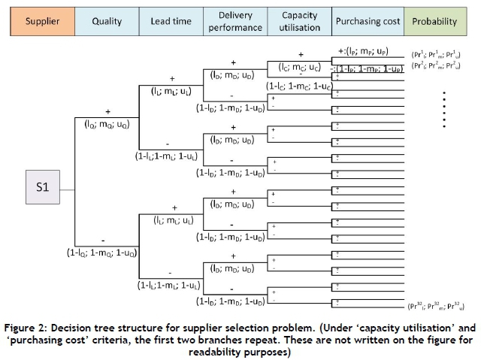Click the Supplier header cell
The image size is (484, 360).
tap(42, 21)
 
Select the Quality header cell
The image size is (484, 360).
tap(107, 21)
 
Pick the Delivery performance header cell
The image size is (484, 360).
tap(235, 21)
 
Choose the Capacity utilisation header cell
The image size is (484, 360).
tap(299, 21)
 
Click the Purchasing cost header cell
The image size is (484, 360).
tap(367, 21)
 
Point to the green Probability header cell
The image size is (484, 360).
tap(434, 21)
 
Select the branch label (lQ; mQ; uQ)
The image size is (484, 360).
tap(107, 125)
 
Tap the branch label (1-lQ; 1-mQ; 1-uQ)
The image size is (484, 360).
tap(101, 253)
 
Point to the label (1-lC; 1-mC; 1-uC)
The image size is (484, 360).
tap(298, 86)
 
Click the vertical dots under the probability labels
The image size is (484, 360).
tap(445, 108)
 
